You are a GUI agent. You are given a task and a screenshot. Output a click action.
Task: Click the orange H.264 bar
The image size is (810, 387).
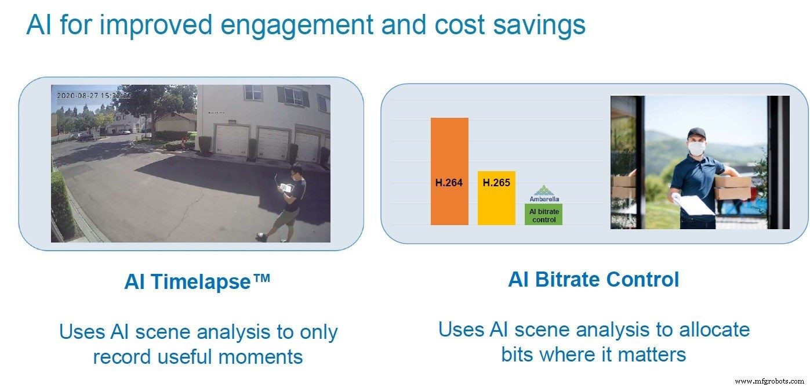[x=449, y=171]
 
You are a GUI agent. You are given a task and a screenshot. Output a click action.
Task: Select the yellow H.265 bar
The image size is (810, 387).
[x=496, y=198]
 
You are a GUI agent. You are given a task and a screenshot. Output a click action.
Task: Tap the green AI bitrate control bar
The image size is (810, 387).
[x=543, y=215]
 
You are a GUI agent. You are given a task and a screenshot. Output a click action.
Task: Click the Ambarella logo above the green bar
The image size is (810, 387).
[x=544, y=194]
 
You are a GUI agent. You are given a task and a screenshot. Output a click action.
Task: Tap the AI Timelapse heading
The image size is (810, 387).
[x=197, y=281]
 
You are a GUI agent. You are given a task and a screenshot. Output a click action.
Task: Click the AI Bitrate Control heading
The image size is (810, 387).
[x=593, y=280]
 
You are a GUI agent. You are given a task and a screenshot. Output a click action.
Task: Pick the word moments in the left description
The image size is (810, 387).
[x=260, y=357]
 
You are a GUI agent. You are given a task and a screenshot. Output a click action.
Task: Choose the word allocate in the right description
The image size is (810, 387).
[x=714, y=330]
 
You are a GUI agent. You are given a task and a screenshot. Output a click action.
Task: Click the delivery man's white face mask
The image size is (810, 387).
[x=696, y=148]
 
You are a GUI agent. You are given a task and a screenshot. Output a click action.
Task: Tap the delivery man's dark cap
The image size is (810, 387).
[x=696, y=132]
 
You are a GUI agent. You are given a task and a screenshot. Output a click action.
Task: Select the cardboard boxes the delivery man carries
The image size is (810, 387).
[x=733, y=187]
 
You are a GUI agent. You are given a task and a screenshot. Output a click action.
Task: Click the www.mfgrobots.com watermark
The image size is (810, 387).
[x=769, y=381]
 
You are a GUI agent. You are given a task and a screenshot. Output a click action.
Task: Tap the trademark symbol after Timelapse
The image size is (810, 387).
[x=261, y=278]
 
